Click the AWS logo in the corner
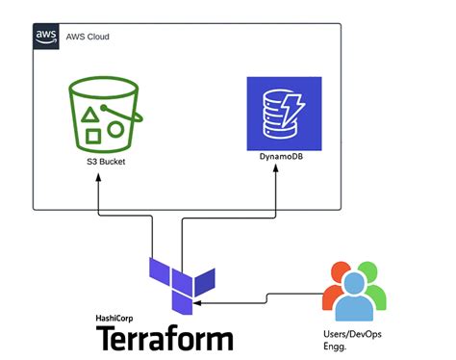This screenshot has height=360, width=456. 45,37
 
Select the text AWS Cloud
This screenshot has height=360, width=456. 89,37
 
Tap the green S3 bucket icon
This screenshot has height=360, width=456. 106,117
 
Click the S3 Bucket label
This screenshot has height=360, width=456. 106,163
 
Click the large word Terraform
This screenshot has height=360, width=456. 165,339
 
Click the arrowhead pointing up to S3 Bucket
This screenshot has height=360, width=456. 99,179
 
